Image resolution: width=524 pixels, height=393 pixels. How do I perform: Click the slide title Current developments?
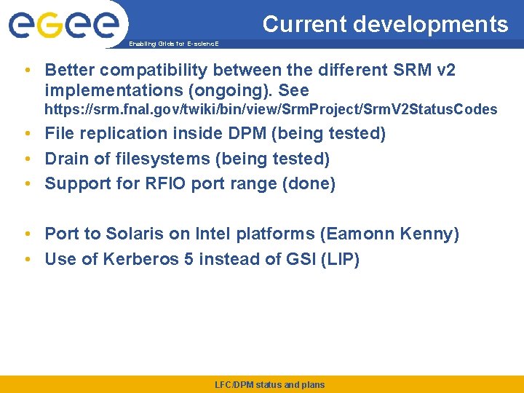pyautogui.click(x=385, y=24)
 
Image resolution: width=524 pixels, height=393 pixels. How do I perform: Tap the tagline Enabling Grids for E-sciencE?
pyautogui.click(x=173, y=44)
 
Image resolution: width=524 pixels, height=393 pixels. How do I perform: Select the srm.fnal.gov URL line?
pyautogui.click(x=271, y=110)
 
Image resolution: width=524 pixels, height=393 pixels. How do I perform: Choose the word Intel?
pyautogui.click(x=211, y=234)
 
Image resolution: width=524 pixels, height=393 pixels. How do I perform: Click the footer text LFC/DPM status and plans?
pyautogui.click(x=270, y=385)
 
